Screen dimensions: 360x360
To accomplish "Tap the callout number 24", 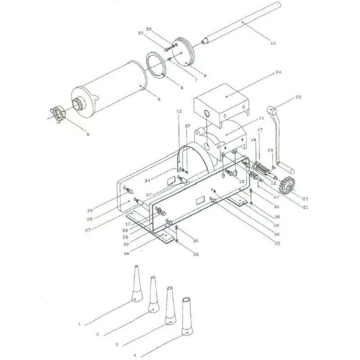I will (x=279, y=72).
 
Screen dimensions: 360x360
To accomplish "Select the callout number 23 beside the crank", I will (x=298, y=97).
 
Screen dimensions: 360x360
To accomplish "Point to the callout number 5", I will (x=88, y=134).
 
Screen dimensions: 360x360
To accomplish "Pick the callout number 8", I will (x=181, y=87).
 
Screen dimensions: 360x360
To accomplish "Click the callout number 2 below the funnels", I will (x=97, y=334).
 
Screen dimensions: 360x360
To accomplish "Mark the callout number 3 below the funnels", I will (x=116, y=344).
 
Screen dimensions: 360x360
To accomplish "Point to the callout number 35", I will (x=90, y=210).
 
